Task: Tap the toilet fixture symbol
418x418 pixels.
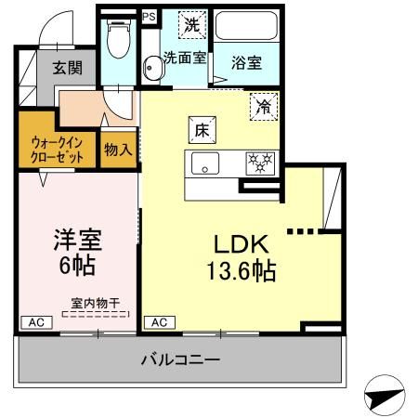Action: (x=118, y=43)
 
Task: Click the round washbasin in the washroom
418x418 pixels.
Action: (x=152, y=66)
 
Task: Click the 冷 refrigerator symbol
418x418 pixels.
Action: (x=263, y=108)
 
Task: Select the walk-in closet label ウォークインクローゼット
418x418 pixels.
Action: (x=57, y=149)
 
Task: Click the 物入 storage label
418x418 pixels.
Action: (x=118, y=149)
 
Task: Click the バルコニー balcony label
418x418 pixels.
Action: (x=180, y=359)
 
